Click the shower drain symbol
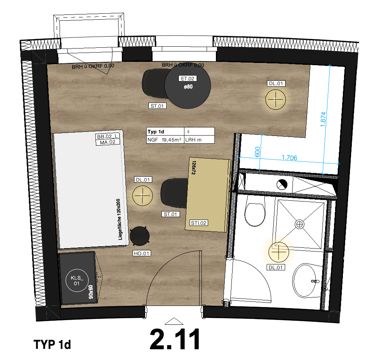pos(299,224)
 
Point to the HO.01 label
pos(142,254)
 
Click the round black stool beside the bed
pos(139,236)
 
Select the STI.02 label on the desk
pos(198,223)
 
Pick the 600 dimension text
pos(258,152)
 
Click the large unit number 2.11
pos(175,339)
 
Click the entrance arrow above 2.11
pos(175,321)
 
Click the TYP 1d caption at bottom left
pos(52,344)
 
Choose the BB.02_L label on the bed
pos(106,137)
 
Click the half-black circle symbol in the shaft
pos(282,184)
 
